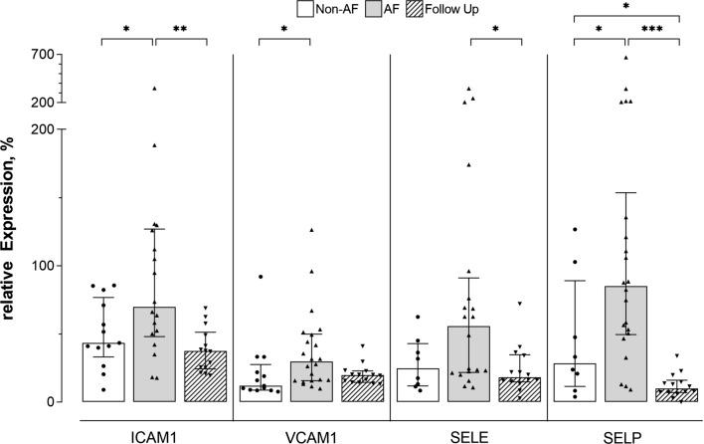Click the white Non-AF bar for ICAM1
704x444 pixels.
pos(102,372)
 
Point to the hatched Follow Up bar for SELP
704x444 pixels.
pos(677,395)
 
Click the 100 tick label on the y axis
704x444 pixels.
pos(44,266)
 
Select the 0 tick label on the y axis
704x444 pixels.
pos(52,402)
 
